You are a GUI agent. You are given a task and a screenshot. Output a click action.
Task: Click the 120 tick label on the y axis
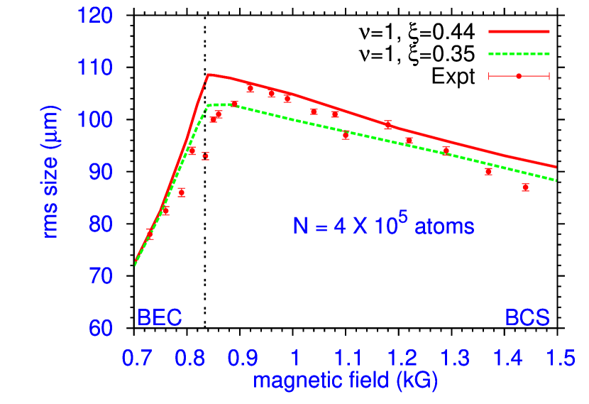pos(95,16)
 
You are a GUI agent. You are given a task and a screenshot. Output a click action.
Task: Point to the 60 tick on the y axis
pos(100,328)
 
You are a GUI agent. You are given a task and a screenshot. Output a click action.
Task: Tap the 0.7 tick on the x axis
pos(136,358)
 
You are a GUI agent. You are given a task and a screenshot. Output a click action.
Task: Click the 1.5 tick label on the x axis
pos(560,358)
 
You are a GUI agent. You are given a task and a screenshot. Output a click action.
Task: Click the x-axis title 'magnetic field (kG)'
pos(345,381)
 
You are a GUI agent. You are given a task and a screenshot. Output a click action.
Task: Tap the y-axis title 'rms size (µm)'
pos(50,172)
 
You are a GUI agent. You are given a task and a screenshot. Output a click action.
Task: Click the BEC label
pos(160,317)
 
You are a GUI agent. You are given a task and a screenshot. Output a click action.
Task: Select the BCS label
pos(527,317)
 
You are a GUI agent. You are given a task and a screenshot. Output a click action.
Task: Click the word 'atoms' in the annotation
pos(444,227)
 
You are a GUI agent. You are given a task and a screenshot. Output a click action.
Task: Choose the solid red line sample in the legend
pos(519,32)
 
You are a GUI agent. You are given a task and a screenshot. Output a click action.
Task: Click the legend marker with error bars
pos(519,76)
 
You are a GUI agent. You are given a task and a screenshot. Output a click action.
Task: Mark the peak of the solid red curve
pos(208,74)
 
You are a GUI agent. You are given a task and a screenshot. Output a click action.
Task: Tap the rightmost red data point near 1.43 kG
pos(525,187)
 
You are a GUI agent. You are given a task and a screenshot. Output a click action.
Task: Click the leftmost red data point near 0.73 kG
pos(150,233)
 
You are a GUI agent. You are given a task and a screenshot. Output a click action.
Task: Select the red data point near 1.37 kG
pos(488,171)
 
